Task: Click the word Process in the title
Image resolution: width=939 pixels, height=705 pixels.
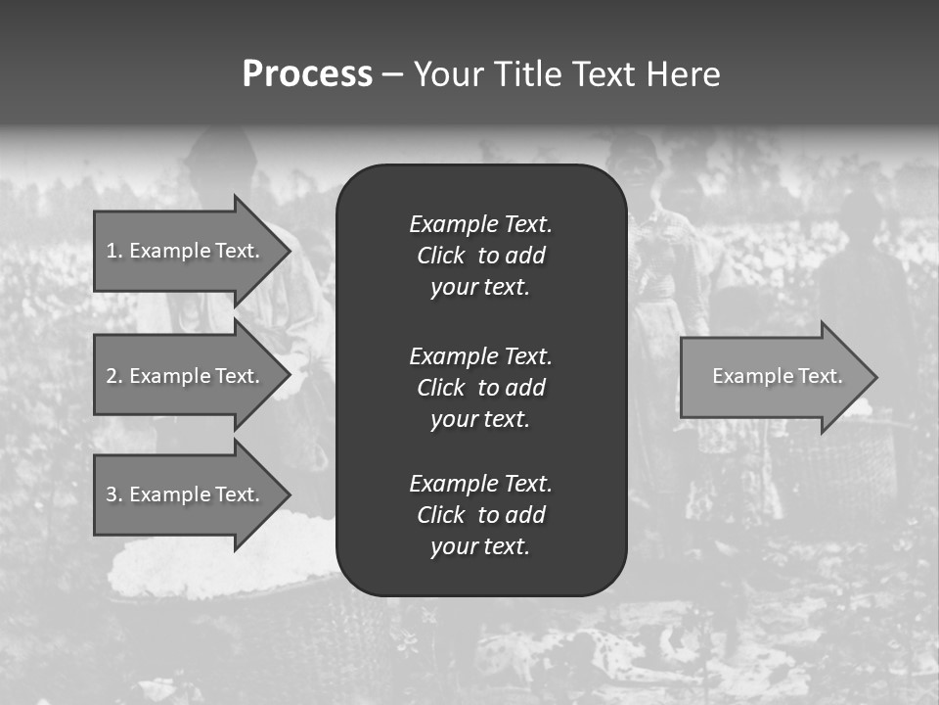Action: pyautogui.click(x=307, y=74)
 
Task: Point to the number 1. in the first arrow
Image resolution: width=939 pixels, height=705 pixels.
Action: pyautogui.click(x=114, y=251)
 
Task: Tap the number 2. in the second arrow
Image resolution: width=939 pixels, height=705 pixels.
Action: pyautogui.click(x=114, y=376)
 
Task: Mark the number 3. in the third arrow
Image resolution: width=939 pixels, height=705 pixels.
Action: pyautogui.click(x=114, y=494)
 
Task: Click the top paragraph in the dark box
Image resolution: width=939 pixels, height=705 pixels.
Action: pyautogui.click(x=480, y=256)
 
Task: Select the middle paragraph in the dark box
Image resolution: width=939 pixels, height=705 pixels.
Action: pyautogui.click(x=480, y=387)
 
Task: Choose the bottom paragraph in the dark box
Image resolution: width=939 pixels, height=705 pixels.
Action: pyautogui.click(x=480, y=515)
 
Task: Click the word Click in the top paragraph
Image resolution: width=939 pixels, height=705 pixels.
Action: pyautogui.click(x=440, y=256)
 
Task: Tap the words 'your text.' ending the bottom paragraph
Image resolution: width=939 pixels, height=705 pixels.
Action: pyautogui.click(x=480, y=547)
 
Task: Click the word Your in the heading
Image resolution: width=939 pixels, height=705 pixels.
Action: pyautogui.click(x=448, y=74)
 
